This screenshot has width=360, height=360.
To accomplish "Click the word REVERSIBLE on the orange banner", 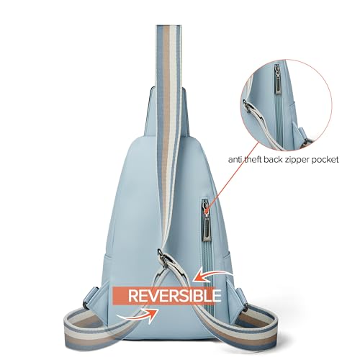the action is click(x=174, y=295).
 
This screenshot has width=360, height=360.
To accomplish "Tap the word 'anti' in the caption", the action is click(x=235, y=159).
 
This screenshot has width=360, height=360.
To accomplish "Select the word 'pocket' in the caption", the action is click(x=325, y=160).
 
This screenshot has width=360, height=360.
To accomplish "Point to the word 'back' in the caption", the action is click(x=273, y=159).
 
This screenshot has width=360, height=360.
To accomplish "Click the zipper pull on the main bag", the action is click(x=207, y=222).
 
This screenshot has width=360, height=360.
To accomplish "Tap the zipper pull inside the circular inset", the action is click(x=278, y=78).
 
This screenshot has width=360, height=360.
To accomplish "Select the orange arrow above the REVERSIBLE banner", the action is click(x=213, y=276).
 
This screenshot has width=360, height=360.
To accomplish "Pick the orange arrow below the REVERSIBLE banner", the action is click(x=138, y=315).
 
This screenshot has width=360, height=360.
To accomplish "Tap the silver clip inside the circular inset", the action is click(x=247, y=106).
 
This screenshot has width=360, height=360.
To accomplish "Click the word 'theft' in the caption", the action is click(x=253, y=159).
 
